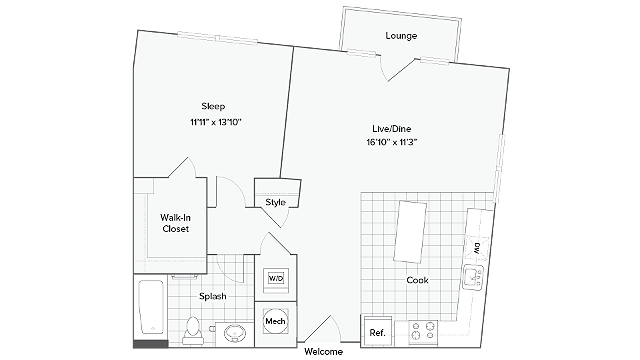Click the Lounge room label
(x=401, y=36)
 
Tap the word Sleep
(x=213, y=106)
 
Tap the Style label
(x=276, y=202)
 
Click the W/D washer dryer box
(x=275, y=279)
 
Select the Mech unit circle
(x=275, y=322)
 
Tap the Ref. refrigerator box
(x=377, y=331)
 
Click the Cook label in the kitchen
(x=417, y=280)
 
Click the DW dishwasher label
(x=477, y=247)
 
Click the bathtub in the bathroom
(x=151, y=307)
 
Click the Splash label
(x=211, y=296)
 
